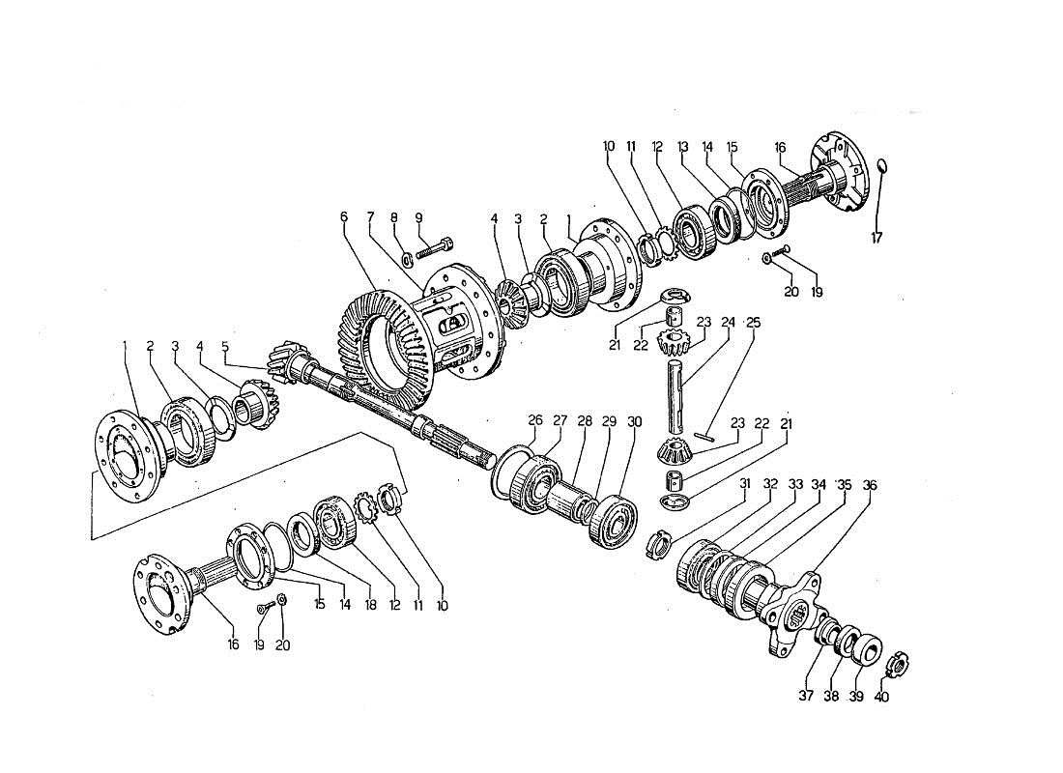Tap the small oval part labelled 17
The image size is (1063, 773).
coord(881,170)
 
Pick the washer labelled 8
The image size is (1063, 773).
coord(407,257)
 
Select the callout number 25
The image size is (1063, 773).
coord(754,323)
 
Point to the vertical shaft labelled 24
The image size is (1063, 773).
coord(676,396)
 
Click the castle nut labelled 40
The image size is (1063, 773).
coord(896,665)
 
